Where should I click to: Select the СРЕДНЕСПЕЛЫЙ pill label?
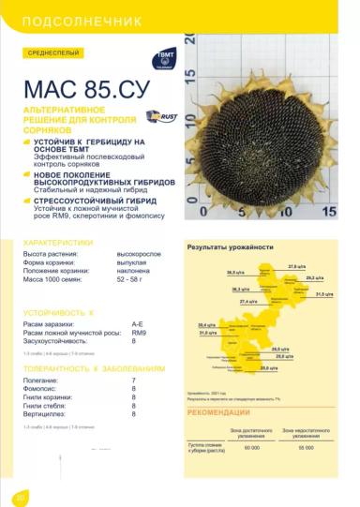click(x=54, y=53)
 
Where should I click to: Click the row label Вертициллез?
click(x=46, y=413)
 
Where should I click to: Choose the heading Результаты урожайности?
click(x=230, y=246)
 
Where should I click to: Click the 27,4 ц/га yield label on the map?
click(x=247, y=302)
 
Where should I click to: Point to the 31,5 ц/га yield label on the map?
click(x=324, y=294)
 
